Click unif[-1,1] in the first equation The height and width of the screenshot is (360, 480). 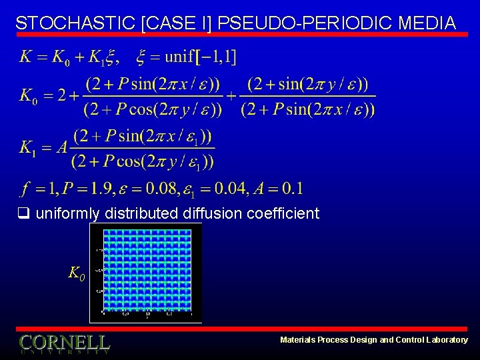pos(200,57)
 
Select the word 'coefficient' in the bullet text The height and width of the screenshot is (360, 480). pos(283,214)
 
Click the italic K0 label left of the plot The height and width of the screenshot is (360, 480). pos(76,273)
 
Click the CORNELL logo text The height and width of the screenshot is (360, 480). pos(65,343)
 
